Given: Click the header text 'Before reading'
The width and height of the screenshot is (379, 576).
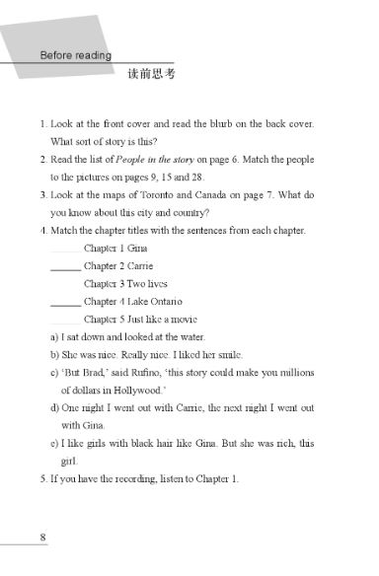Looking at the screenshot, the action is tap(75, 55).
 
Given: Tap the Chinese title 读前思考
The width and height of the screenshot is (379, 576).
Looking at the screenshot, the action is tap(150, 76).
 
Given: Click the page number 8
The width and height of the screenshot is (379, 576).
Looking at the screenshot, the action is tap(42, 538).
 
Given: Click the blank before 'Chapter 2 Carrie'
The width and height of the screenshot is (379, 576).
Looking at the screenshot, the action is tap(65, 266).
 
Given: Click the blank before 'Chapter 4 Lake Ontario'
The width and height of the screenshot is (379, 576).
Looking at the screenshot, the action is tap(65, 302).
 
